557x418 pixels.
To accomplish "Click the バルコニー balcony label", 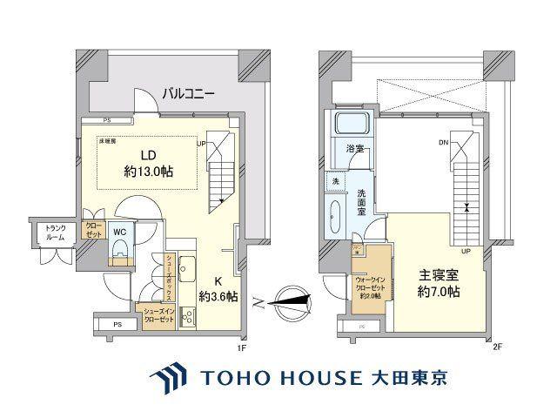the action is click(x=187, y=92).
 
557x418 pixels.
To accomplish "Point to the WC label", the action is click(x=121, y=232).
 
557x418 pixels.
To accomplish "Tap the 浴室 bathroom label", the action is click(x=355, y=150).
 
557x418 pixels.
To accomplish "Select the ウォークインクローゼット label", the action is click(x=369, y=284).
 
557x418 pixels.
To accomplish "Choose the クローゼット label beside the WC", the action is click(x=93, y=231).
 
